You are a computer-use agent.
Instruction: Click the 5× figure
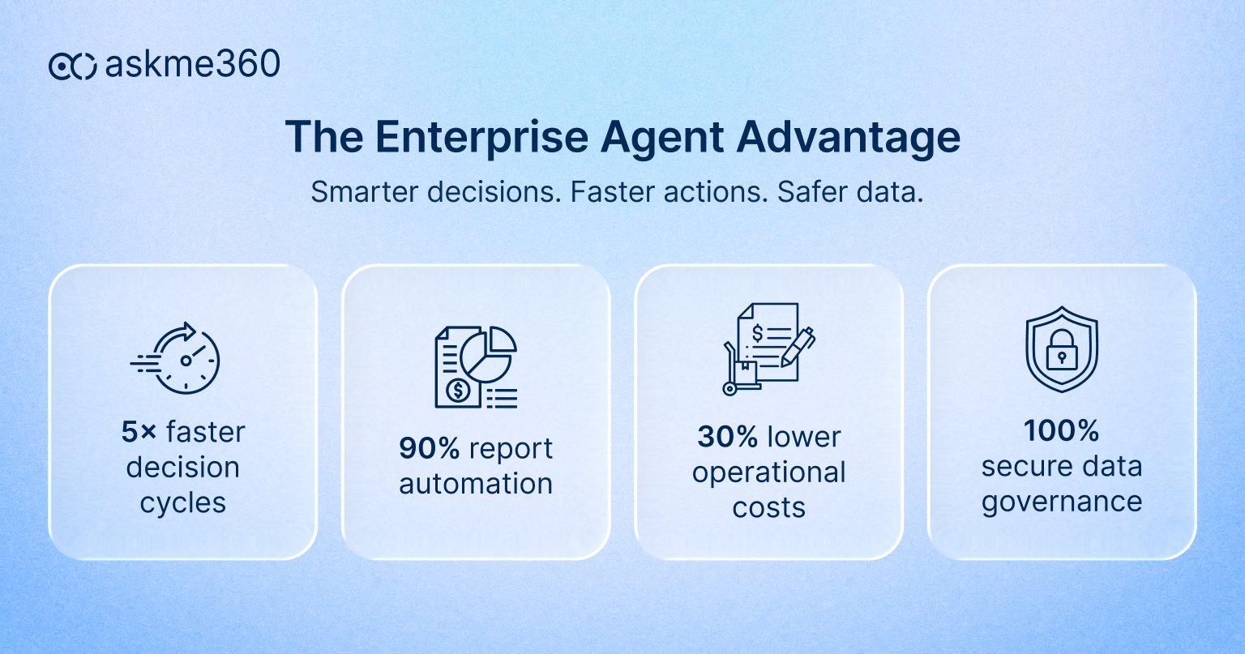(139, 432)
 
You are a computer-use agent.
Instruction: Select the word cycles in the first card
(183, 502)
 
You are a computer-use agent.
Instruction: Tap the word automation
(476, 484)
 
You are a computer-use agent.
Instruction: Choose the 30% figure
(727, 437)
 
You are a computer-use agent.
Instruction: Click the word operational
(768, 472)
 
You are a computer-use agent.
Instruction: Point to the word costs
(768, 507)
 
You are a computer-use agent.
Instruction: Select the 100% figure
(1061, 431)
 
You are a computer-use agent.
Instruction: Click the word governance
(1062, 502)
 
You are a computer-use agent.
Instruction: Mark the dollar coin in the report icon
(458, 391)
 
